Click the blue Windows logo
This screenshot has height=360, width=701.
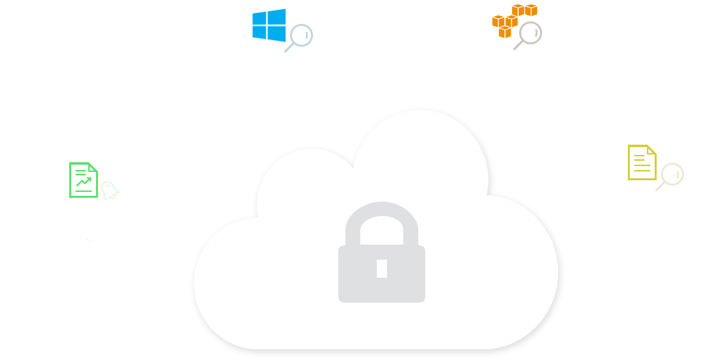[269, 25]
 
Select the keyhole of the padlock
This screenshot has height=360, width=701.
[382, 268]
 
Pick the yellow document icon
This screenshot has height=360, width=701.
[642, 162]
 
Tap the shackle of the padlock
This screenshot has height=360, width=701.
[382, 226]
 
